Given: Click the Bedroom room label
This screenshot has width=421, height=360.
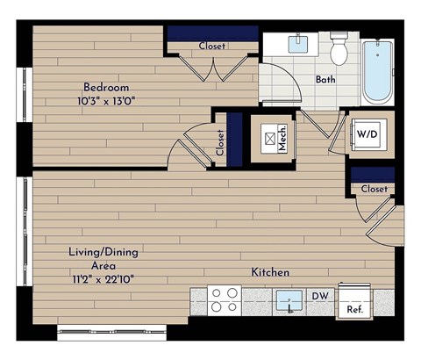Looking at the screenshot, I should click(x=106, y=87).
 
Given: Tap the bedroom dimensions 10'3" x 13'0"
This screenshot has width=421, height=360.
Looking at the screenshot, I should click(x=106, y=100).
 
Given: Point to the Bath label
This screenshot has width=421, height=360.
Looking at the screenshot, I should click(x=326, y=79).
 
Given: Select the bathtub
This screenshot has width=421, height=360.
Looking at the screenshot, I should click(x=378, y=70).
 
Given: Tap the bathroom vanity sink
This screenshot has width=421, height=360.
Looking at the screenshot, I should click(x=301, y=42).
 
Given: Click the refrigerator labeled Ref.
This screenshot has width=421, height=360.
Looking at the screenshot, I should click(x=354, y=303).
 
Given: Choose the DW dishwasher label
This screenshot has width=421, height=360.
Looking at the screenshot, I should click(x=321, y=296).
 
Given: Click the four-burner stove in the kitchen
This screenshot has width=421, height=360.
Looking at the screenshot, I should click(x=224, y=300).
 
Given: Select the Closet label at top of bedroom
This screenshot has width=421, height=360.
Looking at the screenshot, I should click(x=211, y=46).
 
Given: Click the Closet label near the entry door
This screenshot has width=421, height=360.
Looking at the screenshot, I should click(x=374, y=188).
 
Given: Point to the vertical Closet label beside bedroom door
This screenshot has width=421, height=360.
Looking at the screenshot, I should click(x=219, y=142).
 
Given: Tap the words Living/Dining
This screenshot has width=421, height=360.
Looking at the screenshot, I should click(x=103, y=252).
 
